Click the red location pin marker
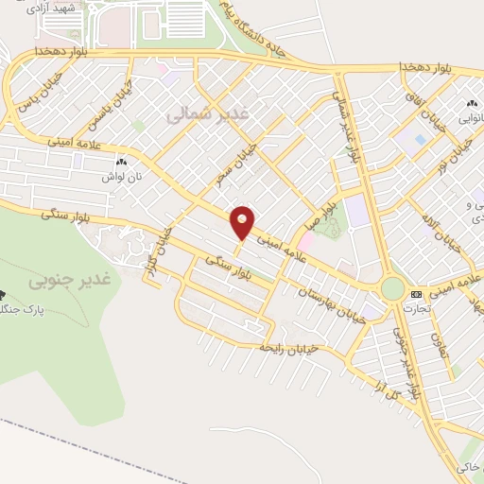click(x=243, y=221)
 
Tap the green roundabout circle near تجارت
click(x=392, y=287)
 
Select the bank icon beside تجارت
click(x=417, y=295)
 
